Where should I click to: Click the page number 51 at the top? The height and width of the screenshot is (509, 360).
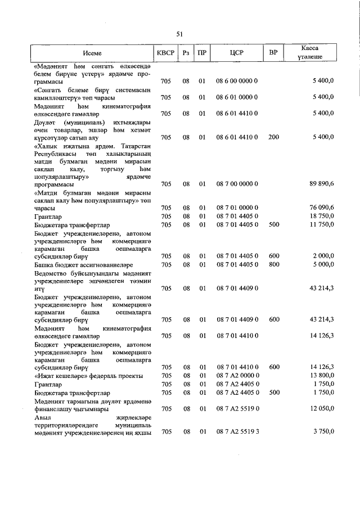pos(180,34)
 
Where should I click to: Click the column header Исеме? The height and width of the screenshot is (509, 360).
pos(92,53)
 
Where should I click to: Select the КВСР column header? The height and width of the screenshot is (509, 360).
pos(165,53)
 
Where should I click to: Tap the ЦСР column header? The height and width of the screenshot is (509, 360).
pos(236,53)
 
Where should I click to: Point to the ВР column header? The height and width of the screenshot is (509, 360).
pos(273,53)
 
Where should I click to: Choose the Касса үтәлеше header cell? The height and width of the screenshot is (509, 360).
pos(311,53)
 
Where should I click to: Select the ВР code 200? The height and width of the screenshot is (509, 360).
pos(274,137)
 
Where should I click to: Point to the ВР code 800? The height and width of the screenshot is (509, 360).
pos(274,264)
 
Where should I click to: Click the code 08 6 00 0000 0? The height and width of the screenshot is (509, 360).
pos(236,82)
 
